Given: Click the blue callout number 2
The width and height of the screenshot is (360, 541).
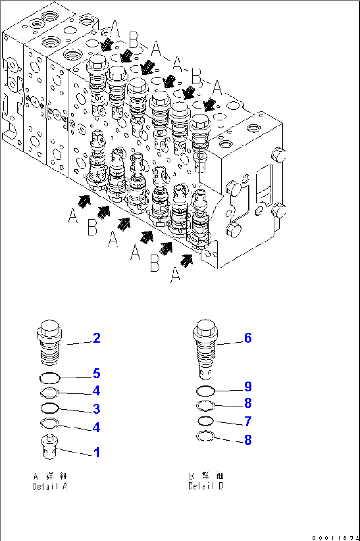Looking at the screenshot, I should click(x=96, y=338).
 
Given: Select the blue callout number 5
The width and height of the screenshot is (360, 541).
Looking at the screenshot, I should click(x=96, y=374).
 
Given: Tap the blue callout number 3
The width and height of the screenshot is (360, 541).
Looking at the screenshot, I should click(x=96, y=409).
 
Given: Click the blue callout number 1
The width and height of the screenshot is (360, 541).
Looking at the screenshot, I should click(x=96, y=453).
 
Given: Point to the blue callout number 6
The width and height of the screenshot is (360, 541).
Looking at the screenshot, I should click(x=248, y=338).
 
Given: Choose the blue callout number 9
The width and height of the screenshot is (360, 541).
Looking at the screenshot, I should click(x=248, y=387).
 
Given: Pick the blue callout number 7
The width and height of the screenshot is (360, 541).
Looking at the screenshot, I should click(x=248, y=422).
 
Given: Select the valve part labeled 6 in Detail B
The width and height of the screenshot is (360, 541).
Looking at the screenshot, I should click(x=205, y=348).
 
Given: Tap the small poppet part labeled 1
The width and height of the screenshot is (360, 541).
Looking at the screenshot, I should click(x=50, y=447).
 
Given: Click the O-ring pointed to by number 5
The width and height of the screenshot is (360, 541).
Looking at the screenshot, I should click(x=50, y=378).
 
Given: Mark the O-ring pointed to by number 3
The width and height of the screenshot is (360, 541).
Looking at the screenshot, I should click(x=50, y=408).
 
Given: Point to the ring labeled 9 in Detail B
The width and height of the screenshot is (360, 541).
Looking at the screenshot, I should click(x=205, y=391).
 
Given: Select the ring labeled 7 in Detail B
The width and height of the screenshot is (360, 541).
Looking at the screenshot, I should click(x=205, y=421).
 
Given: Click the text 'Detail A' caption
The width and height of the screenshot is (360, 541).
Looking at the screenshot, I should click(x=50, y=486).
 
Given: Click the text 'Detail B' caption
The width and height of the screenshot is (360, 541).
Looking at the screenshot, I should click(x=206, y=486).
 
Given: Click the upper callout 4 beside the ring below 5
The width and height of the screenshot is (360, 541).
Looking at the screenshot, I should click(x=96, y=391).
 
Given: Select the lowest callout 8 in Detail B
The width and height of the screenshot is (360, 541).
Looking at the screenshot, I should click(x=248, y=440).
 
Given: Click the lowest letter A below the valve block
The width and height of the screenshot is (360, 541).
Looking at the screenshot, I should click(x=176, y=275).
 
